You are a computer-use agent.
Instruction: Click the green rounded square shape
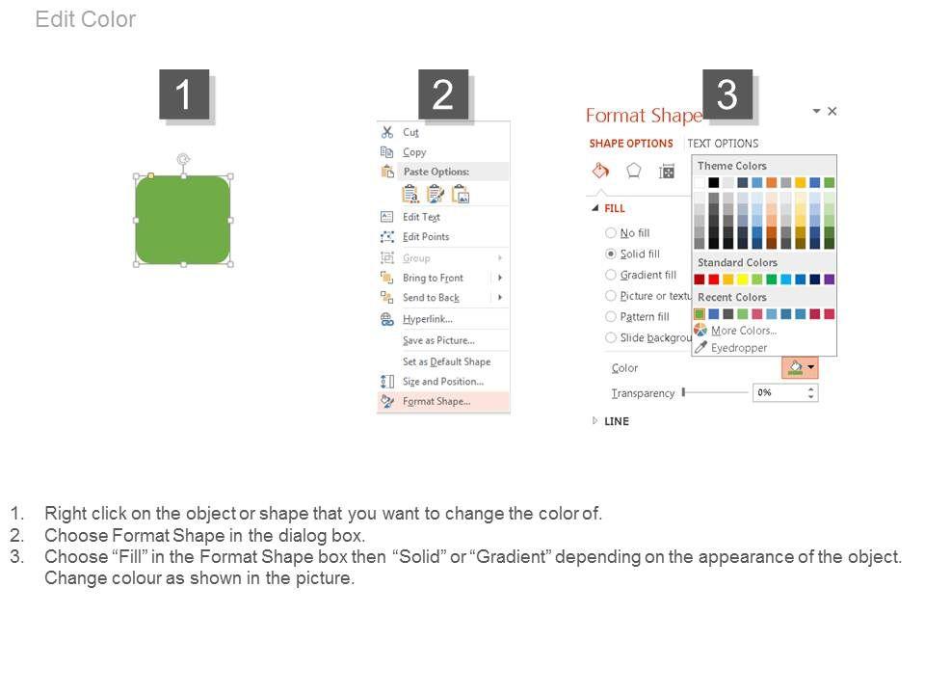[183, 220]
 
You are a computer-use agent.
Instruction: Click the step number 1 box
[184, 94]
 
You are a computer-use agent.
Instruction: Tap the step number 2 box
[443, 94]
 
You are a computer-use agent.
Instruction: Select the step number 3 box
[727, 94]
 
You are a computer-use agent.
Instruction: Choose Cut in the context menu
[410, 132]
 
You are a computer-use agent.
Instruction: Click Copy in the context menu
[414, 152]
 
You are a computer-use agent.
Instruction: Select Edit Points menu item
[426, 237]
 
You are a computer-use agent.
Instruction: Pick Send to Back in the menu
[431, 298]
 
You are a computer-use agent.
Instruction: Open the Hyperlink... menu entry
[428, 319]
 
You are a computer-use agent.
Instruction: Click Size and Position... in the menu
[443, 382]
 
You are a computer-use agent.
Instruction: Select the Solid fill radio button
[611, 254]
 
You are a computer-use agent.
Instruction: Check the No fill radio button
[611, 232]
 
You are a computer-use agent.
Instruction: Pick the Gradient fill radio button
[611, 275]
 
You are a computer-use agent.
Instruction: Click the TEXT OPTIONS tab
[723, 144]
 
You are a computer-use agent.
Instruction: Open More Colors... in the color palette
[743, 331]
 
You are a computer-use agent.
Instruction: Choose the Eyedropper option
[739, 348]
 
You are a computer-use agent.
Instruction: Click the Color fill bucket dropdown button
[800, 367]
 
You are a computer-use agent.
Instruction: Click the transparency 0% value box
[785, 392]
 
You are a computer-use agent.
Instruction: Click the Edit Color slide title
[86, 19]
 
